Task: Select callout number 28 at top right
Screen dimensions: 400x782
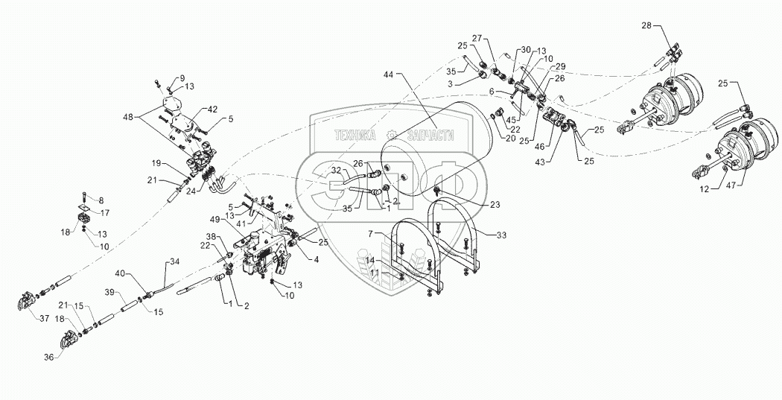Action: (646, 25)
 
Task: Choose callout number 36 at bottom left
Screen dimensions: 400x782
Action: (48, 358)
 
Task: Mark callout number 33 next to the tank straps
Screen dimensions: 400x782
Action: (500, 235)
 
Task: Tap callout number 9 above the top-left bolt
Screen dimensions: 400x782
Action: (181, 77)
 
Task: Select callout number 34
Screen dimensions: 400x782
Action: (174, 261)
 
